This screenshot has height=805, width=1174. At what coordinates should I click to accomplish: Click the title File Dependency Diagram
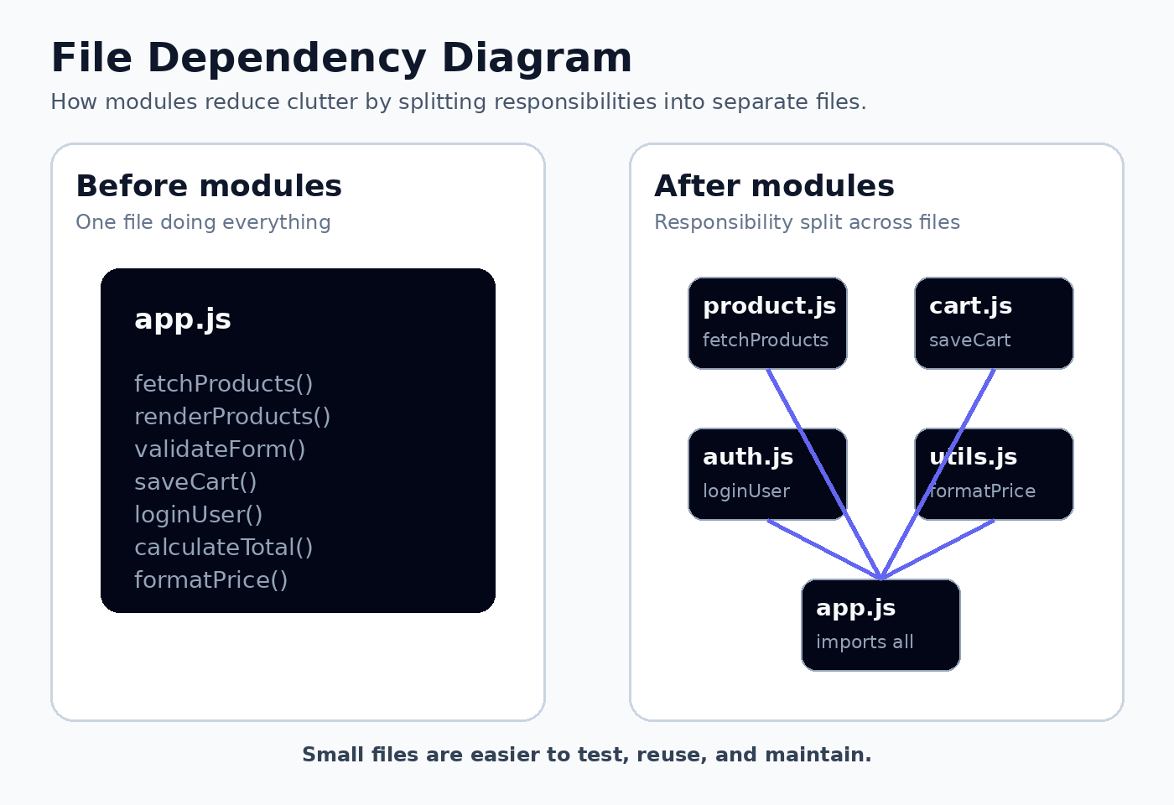(341, 58)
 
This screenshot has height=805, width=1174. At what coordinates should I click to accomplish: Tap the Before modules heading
(209, 186)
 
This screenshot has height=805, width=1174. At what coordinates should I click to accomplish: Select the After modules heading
(774, 186)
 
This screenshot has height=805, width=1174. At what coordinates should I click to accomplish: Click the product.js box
(767, 324)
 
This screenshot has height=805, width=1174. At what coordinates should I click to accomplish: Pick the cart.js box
(994, 324)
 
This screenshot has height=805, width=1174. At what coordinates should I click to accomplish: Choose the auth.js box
(767, 475)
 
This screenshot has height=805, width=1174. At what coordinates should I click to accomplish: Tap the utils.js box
(994, 475)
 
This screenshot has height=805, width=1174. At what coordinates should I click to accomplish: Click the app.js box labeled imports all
(880, 626)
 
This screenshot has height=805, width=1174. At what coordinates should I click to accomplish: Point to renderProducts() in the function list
(232, 417)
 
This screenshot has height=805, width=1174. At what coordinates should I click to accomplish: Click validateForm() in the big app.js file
(220, 449)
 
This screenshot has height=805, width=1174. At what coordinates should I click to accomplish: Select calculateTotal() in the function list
(223, 548)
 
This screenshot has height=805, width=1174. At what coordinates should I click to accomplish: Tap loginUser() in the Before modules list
(198, 515)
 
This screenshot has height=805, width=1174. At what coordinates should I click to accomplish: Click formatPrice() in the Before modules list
(210, 580)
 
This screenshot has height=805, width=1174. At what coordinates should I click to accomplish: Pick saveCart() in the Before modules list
(195, 482)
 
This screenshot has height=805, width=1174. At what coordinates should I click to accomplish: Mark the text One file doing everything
(203, 222)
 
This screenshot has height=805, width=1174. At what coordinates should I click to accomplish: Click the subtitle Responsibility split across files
(807, 222)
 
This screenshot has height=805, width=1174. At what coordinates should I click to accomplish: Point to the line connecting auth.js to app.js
(823, 550)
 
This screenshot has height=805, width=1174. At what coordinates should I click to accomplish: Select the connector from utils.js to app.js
(938, 550)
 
